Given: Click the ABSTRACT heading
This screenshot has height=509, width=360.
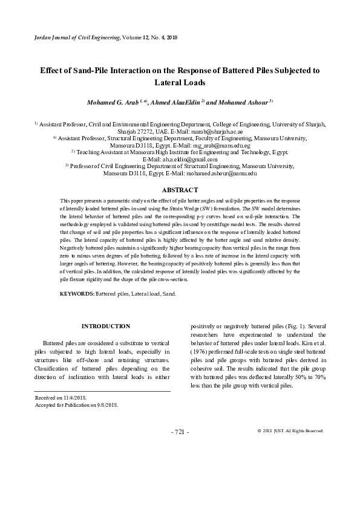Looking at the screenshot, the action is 180,190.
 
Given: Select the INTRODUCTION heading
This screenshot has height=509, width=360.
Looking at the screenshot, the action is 105,326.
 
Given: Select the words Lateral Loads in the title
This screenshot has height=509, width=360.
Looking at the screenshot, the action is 180,82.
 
